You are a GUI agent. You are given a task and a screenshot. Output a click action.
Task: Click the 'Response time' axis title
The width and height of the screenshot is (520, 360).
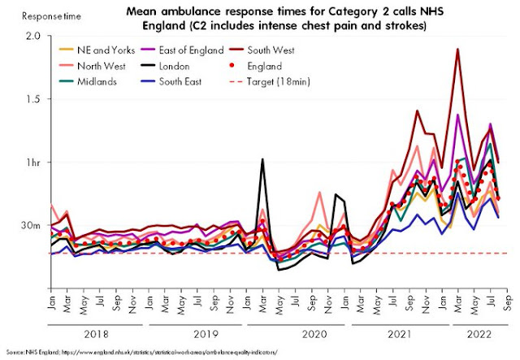(x=33, y=15)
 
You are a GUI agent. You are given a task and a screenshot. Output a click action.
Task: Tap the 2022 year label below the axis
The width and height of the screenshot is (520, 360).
(x=477, y=332)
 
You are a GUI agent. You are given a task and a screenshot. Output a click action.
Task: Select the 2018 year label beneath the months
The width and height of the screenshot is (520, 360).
(x=97, y=332)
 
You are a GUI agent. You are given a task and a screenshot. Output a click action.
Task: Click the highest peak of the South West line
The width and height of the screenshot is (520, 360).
(x=458, y=50)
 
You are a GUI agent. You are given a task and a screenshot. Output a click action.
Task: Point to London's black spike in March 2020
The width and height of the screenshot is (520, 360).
(x=262, y=159)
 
